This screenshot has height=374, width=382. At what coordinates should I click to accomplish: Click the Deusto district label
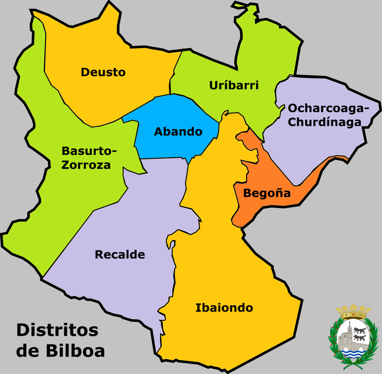[x=103, y=72]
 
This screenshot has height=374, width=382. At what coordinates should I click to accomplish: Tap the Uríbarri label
[x=234, y=85]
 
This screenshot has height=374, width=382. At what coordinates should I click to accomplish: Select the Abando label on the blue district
[x=178, y=132]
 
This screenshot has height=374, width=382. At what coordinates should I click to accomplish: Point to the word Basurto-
[x=89, y=151]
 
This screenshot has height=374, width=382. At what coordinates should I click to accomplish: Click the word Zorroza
[x=86, y=165]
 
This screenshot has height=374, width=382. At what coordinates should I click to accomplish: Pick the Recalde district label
[x=120, y=255]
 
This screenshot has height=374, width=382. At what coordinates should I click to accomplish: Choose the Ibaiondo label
[x=224, y=308]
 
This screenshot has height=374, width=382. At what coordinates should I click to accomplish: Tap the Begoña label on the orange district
[x=267, y=194]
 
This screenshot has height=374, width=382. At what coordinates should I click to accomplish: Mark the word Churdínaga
[x=325, y=122]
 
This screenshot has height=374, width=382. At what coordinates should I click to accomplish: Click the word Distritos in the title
[x=57, y=330]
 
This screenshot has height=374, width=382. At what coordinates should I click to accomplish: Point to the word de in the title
[x=29, y=351]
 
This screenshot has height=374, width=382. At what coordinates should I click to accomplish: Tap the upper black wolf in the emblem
[x=360, y=331]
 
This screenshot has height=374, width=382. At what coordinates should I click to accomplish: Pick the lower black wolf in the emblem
[x=360, y=338]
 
